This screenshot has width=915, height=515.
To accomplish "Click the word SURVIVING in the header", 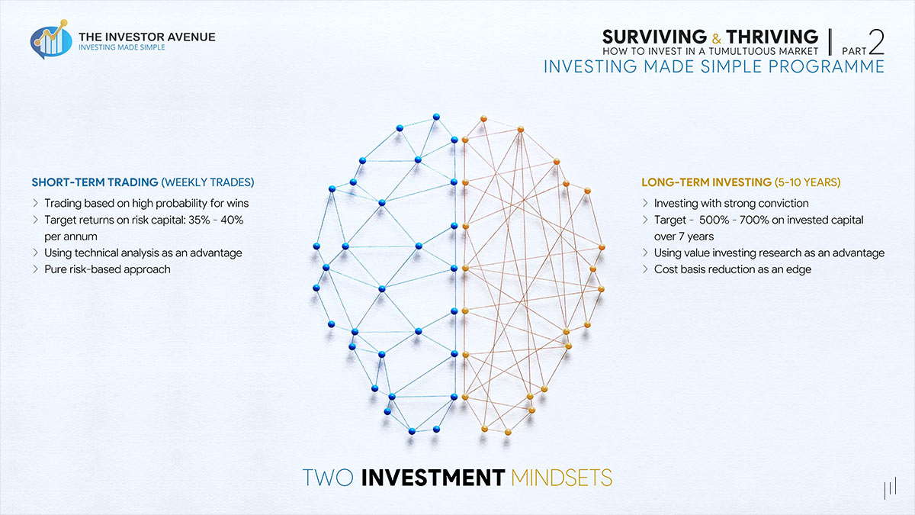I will pyautogui.click(x=654, y=37).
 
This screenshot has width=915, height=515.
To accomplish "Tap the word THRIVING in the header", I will pyautogui.click(x=772, y=37).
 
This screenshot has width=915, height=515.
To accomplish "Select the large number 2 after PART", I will pyautogui.click(x=876, y=40).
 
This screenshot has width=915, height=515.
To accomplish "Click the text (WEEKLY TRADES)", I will pyautogui.click(x=208, y=182).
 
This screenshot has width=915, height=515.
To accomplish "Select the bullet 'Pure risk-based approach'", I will pyautogui.click(x=108, y=269).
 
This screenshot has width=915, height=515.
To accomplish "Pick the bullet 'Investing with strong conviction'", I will pyautogui.click(x=731, y=203).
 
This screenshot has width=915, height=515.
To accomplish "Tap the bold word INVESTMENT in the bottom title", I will pyautogui.click(x=432, y=478).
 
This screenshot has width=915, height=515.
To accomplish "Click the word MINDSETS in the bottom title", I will pyautogui.click(x=562, y=478).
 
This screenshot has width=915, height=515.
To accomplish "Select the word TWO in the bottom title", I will pyautogui.click(x=328, y=478).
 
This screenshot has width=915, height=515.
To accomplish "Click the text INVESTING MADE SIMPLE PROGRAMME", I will pyautogui.click(x=714, y=66).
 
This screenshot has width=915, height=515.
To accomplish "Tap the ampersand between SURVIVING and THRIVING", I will pyautogui.click(x=717, y=37).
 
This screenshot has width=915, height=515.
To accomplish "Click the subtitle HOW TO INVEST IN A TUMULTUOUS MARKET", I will pyautogui.click(x=710, y=51).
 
